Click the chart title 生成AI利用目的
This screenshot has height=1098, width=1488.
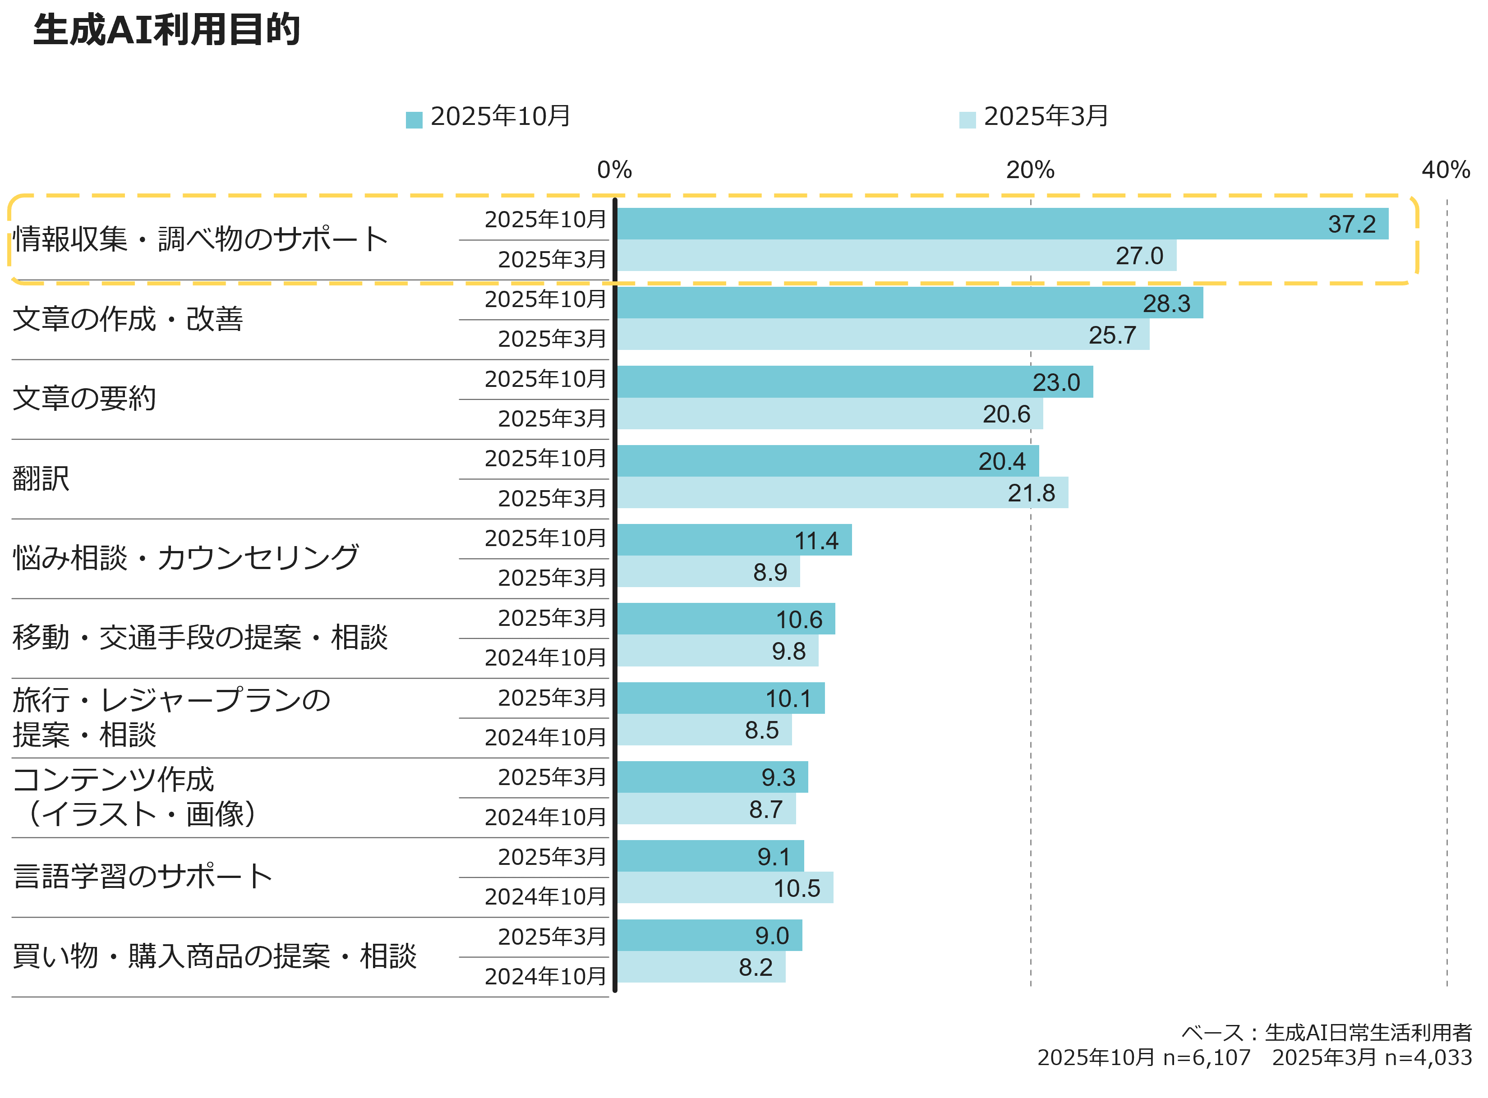coord(166,30)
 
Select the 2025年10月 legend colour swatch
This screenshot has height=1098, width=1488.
coord(414,119)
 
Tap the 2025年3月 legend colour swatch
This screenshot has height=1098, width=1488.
coord(967,119)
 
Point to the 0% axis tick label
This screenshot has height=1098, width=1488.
coord(614,170)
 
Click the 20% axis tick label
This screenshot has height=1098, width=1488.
coord(1030,170)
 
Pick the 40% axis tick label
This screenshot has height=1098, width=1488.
coord(1446,170)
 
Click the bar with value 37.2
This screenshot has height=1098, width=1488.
coord(997,224)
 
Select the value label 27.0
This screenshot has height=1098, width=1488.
coord(1139,256)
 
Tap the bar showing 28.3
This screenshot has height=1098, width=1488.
coord(904,303)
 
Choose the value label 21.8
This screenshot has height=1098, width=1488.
coord(1031,493)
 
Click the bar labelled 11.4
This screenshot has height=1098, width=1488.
coord(731,540)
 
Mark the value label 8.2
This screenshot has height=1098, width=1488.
coord(756,968)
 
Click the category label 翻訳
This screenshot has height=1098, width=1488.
coord(41,478)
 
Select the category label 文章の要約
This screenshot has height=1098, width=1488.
coord(84,399)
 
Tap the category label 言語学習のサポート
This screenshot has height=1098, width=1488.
coord(143,877)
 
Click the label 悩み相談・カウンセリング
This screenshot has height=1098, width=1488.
coord(186,558)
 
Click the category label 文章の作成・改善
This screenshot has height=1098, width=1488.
coord(128,319)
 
